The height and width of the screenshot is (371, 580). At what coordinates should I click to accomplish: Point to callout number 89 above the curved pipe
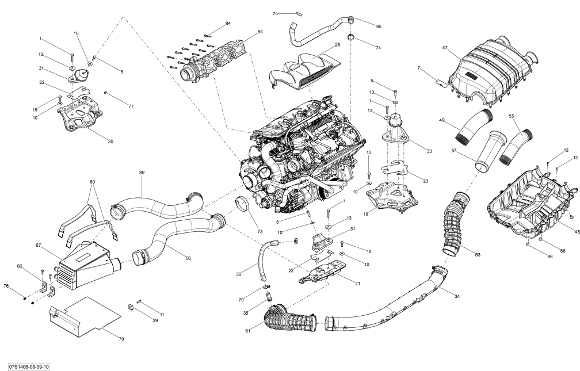tap(142, 173)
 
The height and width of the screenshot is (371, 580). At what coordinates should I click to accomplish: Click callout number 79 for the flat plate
tap(121, 339)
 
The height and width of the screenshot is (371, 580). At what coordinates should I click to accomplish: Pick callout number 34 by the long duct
tap(457, 296)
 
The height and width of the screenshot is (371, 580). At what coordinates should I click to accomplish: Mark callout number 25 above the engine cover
tap(337, 44)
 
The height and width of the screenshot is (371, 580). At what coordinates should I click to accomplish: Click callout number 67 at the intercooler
tap(38, 246)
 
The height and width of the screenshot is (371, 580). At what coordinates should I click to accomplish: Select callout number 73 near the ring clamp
tap(260, 231)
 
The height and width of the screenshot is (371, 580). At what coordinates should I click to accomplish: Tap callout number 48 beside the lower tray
tap(576, 231)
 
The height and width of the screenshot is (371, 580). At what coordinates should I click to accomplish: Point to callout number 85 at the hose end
tap(378, 26)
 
